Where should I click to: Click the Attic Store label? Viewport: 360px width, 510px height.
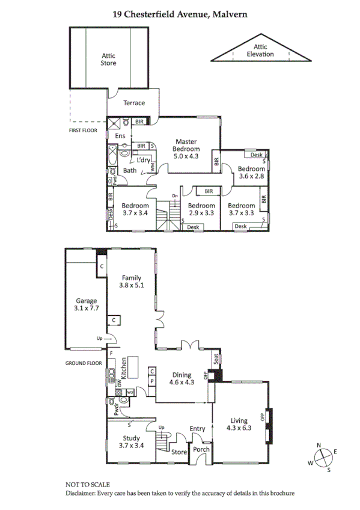tap(109, 59)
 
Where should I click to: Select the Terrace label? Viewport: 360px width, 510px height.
tap(134, 103)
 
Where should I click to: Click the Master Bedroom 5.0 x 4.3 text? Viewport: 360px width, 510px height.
tap(186, 148)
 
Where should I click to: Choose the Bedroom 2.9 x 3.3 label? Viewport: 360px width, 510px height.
tap(202, 209)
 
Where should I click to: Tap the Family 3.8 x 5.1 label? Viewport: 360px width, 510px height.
tap(131, 282)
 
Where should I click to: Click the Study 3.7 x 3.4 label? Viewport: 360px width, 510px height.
tap(131, 442)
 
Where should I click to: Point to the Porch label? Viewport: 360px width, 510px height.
tap(201, 450)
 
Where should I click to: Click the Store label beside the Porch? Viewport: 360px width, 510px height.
tap(179, 451)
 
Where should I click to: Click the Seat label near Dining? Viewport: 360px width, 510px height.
tap(216, 359)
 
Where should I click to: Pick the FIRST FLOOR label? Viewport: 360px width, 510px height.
tap(84, 129)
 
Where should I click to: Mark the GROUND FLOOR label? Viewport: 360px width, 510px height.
tap(85, 363)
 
